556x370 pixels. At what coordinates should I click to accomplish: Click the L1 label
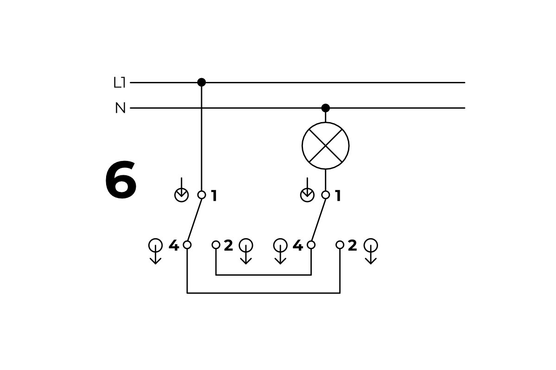(x=120, y=83)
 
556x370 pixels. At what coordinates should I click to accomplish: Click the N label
(x=120, y=108)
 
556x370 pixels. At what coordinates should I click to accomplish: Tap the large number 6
(x=120, y=180)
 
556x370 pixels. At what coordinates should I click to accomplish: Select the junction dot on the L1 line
(x=202, y=82)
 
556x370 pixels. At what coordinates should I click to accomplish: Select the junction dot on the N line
(x=326, y=108)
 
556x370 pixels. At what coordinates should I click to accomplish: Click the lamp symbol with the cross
(x=326, y=146)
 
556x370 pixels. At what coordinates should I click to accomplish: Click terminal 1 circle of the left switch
(x=202, y=195)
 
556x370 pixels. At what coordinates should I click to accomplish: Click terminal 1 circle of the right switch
(x=326, y=195)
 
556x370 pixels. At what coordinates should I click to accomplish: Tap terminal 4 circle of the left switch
(x=187, y=245)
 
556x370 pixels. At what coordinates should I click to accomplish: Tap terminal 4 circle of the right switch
(x=311, y=245)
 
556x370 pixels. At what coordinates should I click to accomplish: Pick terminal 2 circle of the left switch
(x=216, y=245)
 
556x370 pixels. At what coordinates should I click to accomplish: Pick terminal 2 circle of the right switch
(x=340, y=245)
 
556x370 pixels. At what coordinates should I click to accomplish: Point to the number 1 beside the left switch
(x=214, y=196)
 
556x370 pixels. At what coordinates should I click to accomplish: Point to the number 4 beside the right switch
(x=297, y=246)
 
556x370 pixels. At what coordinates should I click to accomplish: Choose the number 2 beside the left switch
(x=228, y=246)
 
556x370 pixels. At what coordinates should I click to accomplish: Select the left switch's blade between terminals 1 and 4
(x=195, y=220)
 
